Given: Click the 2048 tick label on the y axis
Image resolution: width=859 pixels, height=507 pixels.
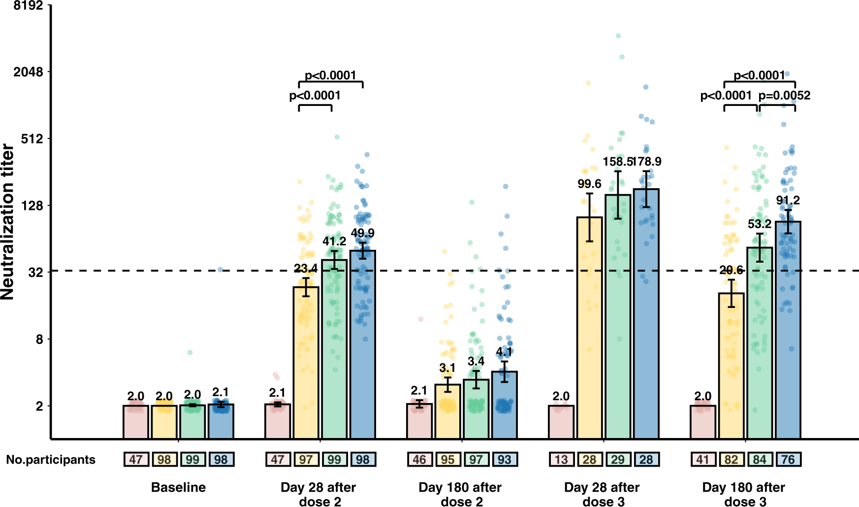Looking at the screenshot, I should click(x=28, y=72).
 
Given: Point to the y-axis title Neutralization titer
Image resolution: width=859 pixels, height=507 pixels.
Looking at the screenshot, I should click(x=8, y=222).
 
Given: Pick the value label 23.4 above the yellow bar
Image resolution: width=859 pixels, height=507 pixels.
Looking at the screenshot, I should click(x=306, y=269).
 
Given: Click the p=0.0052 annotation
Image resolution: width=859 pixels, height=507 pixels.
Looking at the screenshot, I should click(x=784, y=96).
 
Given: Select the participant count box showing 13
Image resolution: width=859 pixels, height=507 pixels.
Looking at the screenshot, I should click(x=561, y=460).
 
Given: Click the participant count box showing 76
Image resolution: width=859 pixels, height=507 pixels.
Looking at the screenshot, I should click(x=788, y=460).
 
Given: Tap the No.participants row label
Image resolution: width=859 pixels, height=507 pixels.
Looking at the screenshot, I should click(x=51, y=460).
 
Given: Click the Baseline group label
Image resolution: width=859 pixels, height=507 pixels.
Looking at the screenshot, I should click(x=178, y=487).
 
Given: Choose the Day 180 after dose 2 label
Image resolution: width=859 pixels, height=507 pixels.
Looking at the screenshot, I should click(x=460, y=494).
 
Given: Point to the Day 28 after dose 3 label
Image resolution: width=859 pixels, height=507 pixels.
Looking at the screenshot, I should click(x=602, y=494).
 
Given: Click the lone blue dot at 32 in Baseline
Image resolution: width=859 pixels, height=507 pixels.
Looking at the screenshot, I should click(x=221, y=270).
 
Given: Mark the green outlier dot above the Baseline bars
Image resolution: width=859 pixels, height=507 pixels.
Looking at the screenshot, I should click(x=190, y=352).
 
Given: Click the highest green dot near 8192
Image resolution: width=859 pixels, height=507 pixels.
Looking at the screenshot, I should click(x=618, y=36).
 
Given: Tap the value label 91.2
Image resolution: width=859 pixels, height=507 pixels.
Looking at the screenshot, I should click(x=788, y=201).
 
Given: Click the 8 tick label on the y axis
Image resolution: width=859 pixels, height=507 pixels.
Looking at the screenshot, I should click(x=39, y=339).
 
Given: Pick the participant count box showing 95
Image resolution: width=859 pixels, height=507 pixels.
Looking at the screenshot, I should click(x=447, y=460).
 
